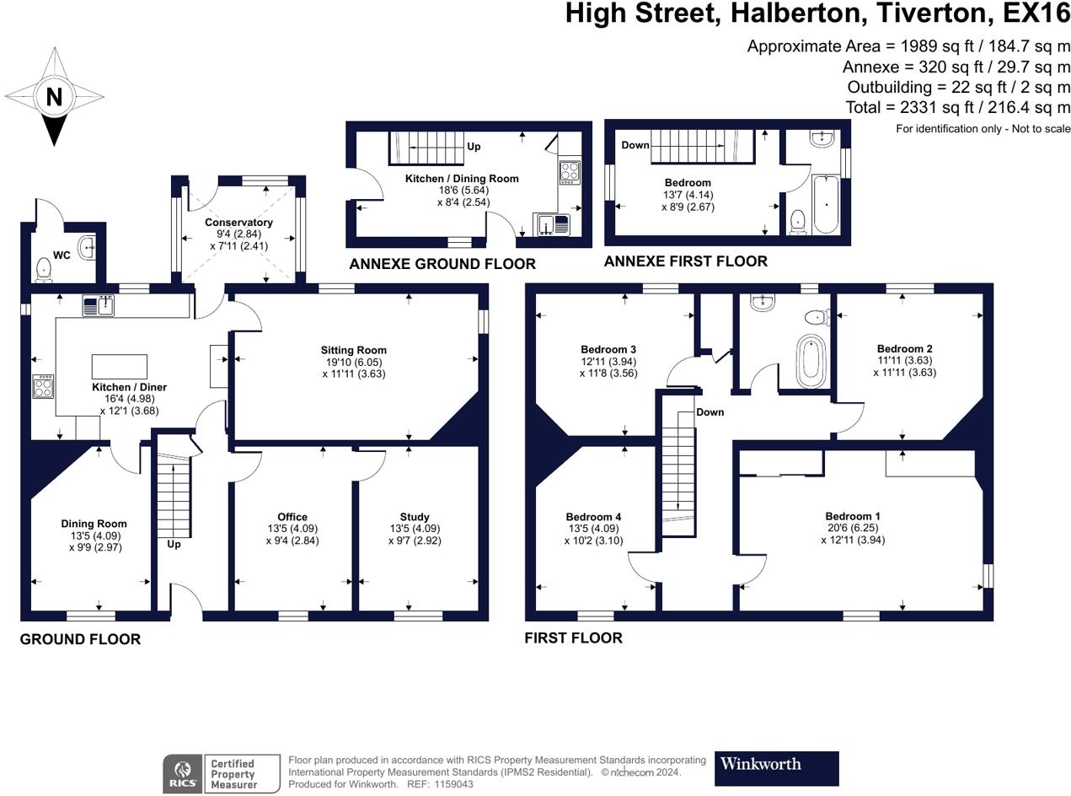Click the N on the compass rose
[x=54, y=97]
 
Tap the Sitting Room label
[x=353, y=350]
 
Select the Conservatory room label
[x=238, y=223]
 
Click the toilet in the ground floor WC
[x=44, y=268]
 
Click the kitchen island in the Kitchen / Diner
[x=119, y=367]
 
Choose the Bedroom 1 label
[x=853, y=516]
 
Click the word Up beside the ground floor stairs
[x=174, y=544]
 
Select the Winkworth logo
[x=776, y=767]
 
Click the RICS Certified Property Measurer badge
[x=222, y=773]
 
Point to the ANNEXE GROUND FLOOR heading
[x=442, y=264]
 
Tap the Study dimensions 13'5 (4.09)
[x=415, y=529]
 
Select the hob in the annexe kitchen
[x=570, y=172]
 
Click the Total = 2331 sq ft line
[x=958, y=108]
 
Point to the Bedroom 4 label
[x=593, y=517]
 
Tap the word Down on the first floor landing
[x=710, y=412]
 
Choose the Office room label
[x=292, y=517]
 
